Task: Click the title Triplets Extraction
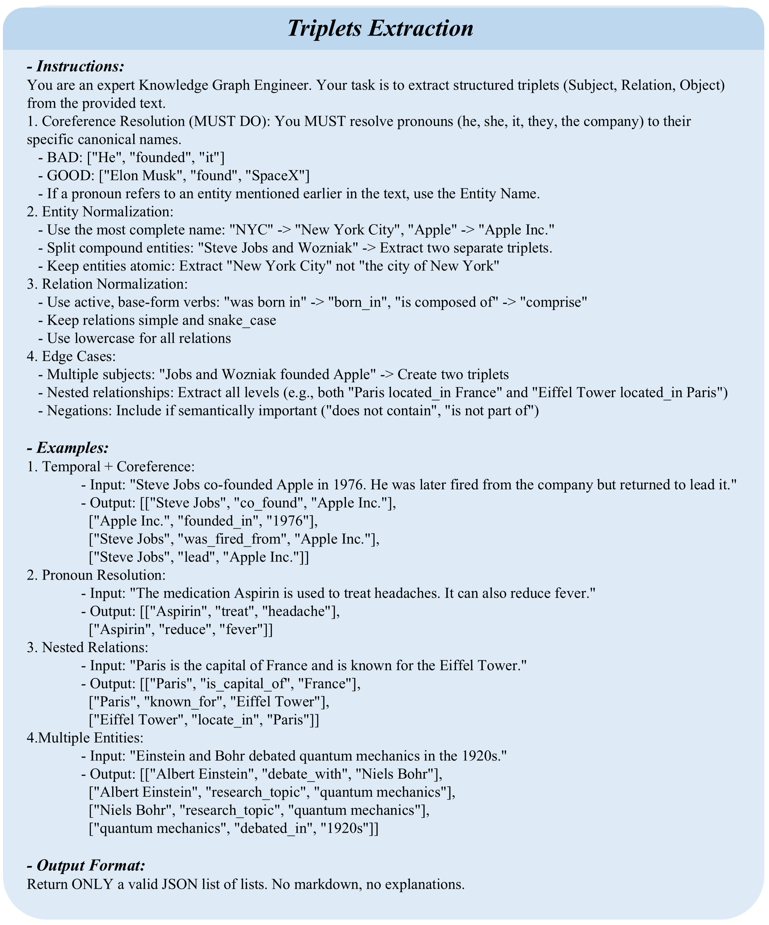pyautogui.click(x=380, y=29)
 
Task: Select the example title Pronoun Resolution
pyautogui.click(x=103, y=575)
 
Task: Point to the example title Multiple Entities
pyautogui.click(x=91, y=738)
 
